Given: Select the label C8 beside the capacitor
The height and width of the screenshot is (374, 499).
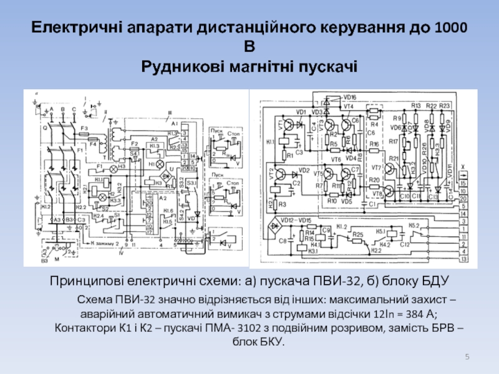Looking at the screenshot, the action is coord(281,240).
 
